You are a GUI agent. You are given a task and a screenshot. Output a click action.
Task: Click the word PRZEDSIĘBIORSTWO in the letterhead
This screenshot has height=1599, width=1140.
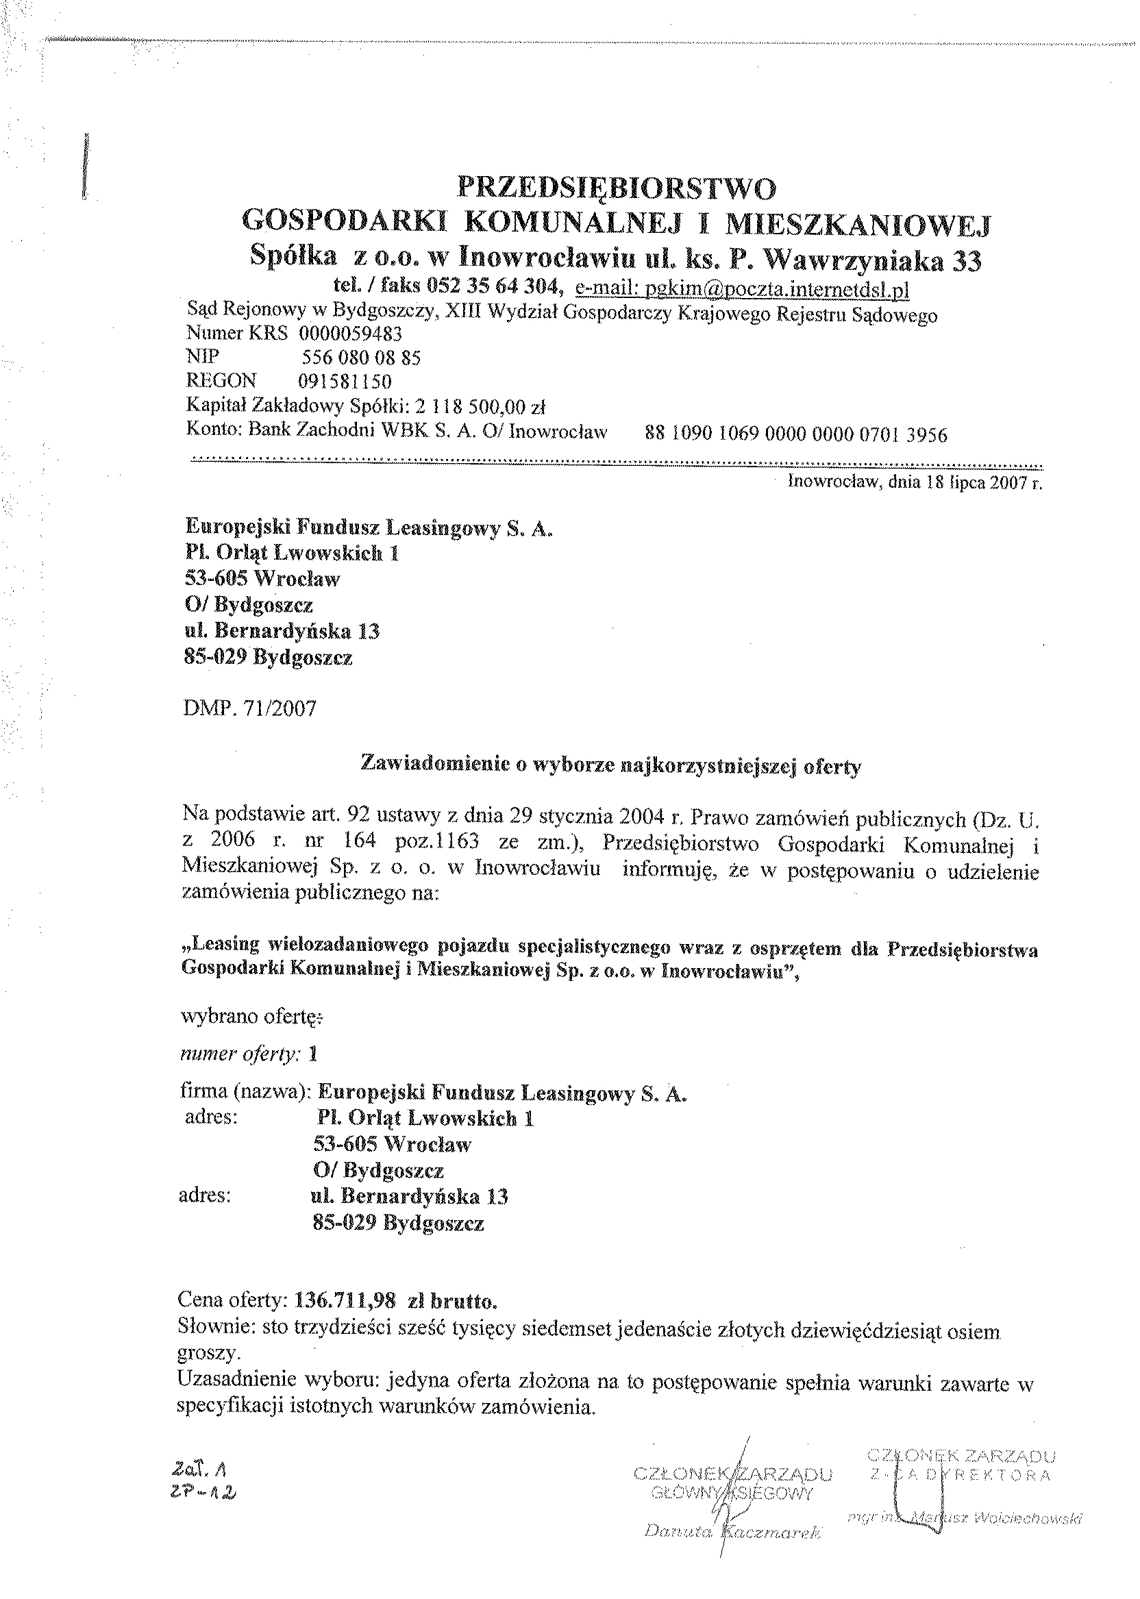617,190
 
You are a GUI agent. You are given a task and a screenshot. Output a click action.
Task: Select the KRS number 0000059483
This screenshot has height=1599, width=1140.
350,334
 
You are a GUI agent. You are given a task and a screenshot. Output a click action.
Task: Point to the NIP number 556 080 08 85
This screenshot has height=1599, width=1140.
361,359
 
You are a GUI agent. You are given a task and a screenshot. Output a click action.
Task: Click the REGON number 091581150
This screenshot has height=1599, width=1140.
345,382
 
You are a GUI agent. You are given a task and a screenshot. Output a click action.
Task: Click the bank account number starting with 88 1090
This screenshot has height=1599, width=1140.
796,434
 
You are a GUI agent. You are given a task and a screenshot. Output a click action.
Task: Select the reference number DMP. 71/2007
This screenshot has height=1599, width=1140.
249,708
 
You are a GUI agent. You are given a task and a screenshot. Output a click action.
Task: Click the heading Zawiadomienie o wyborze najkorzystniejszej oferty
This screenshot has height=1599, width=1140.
610,766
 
